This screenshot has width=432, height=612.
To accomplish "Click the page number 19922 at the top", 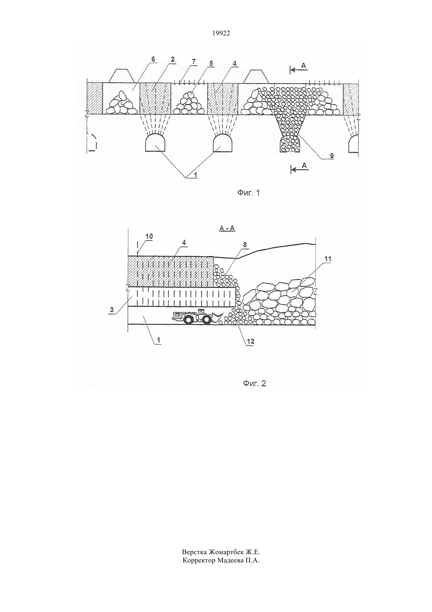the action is pyautogui.click(x=221, y=33).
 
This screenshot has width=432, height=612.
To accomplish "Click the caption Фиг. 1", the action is pyautogui.click(x=249, y=193).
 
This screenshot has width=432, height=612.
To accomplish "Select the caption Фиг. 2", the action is pyautogui.click(x=254, y=383).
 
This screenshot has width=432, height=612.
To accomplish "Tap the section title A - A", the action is pyautogui.click(x=227, y=229).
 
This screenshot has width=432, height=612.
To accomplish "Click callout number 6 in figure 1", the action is pyautogui.click(x=153, y=59).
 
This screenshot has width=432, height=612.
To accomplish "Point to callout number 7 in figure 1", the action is pyautogui.click(x=194, y=61).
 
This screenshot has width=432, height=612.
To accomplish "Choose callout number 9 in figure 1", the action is pyautogui.click(x=331, y=156).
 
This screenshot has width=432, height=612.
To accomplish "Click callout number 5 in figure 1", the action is pyautogui.click(x=211, y=63).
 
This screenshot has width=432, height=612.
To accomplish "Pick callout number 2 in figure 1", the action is pyautogui.click(x=173, y=59).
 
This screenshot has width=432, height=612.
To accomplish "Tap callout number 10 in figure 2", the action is pyautogui.click(x=149, y=236).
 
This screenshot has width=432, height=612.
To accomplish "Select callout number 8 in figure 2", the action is pyautogui.click(x=245, y=245).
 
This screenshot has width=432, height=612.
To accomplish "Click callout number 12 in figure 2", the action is pyautogui.click(x=251, y=341).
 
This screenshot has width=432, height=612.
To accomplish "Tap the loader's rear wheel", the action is pyautogui.click(x=189, y=320).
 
